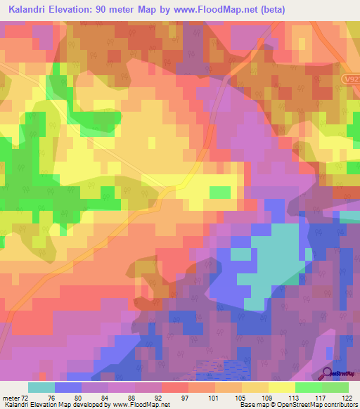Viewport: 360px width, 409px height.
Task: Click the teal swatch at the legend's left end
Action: pos(41,387)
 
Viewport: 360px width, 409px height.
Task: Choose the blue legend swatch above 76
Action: pos(68,387)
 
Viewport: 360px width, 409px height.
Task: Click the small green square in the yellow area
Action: pos(220,192)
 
